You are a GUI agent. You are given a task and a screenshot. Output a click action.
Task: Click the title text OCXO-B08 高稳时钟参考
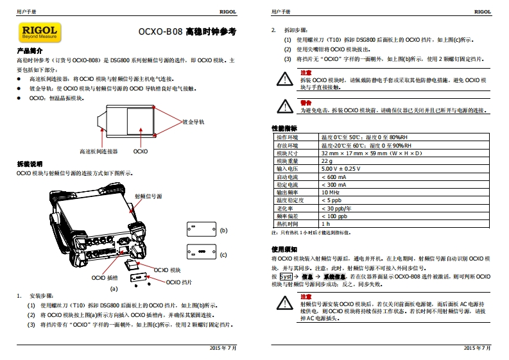pyautogui.click(x=187, y=31)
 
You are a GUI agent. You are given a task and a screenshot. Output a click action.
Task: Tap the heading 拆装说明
pyautogui.click(x=29, y=164)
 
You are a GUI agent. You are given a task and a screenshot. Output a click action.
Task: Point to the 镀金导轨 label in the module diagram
pyautogui.click(x=193, y=121)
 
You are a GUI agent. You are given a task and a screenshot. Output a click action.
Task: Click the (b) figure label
pyautogui.click(x=223, y=230)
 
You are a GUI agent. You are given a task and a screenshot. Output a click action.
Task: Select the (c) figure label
pyautogui.click(x=223, y=254)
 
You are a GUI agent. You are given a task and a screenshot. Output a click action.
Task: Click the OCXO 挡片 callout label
pyautogui.click(x=179, y=282)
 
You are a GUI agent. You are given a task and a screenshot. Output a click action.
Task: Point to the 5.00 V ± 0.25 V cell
pyautogui.click(x=341, y=169)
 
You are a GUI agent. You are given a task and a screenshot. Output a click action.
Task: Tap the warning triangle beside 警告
pyautogui.click(x=283, y=107)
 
